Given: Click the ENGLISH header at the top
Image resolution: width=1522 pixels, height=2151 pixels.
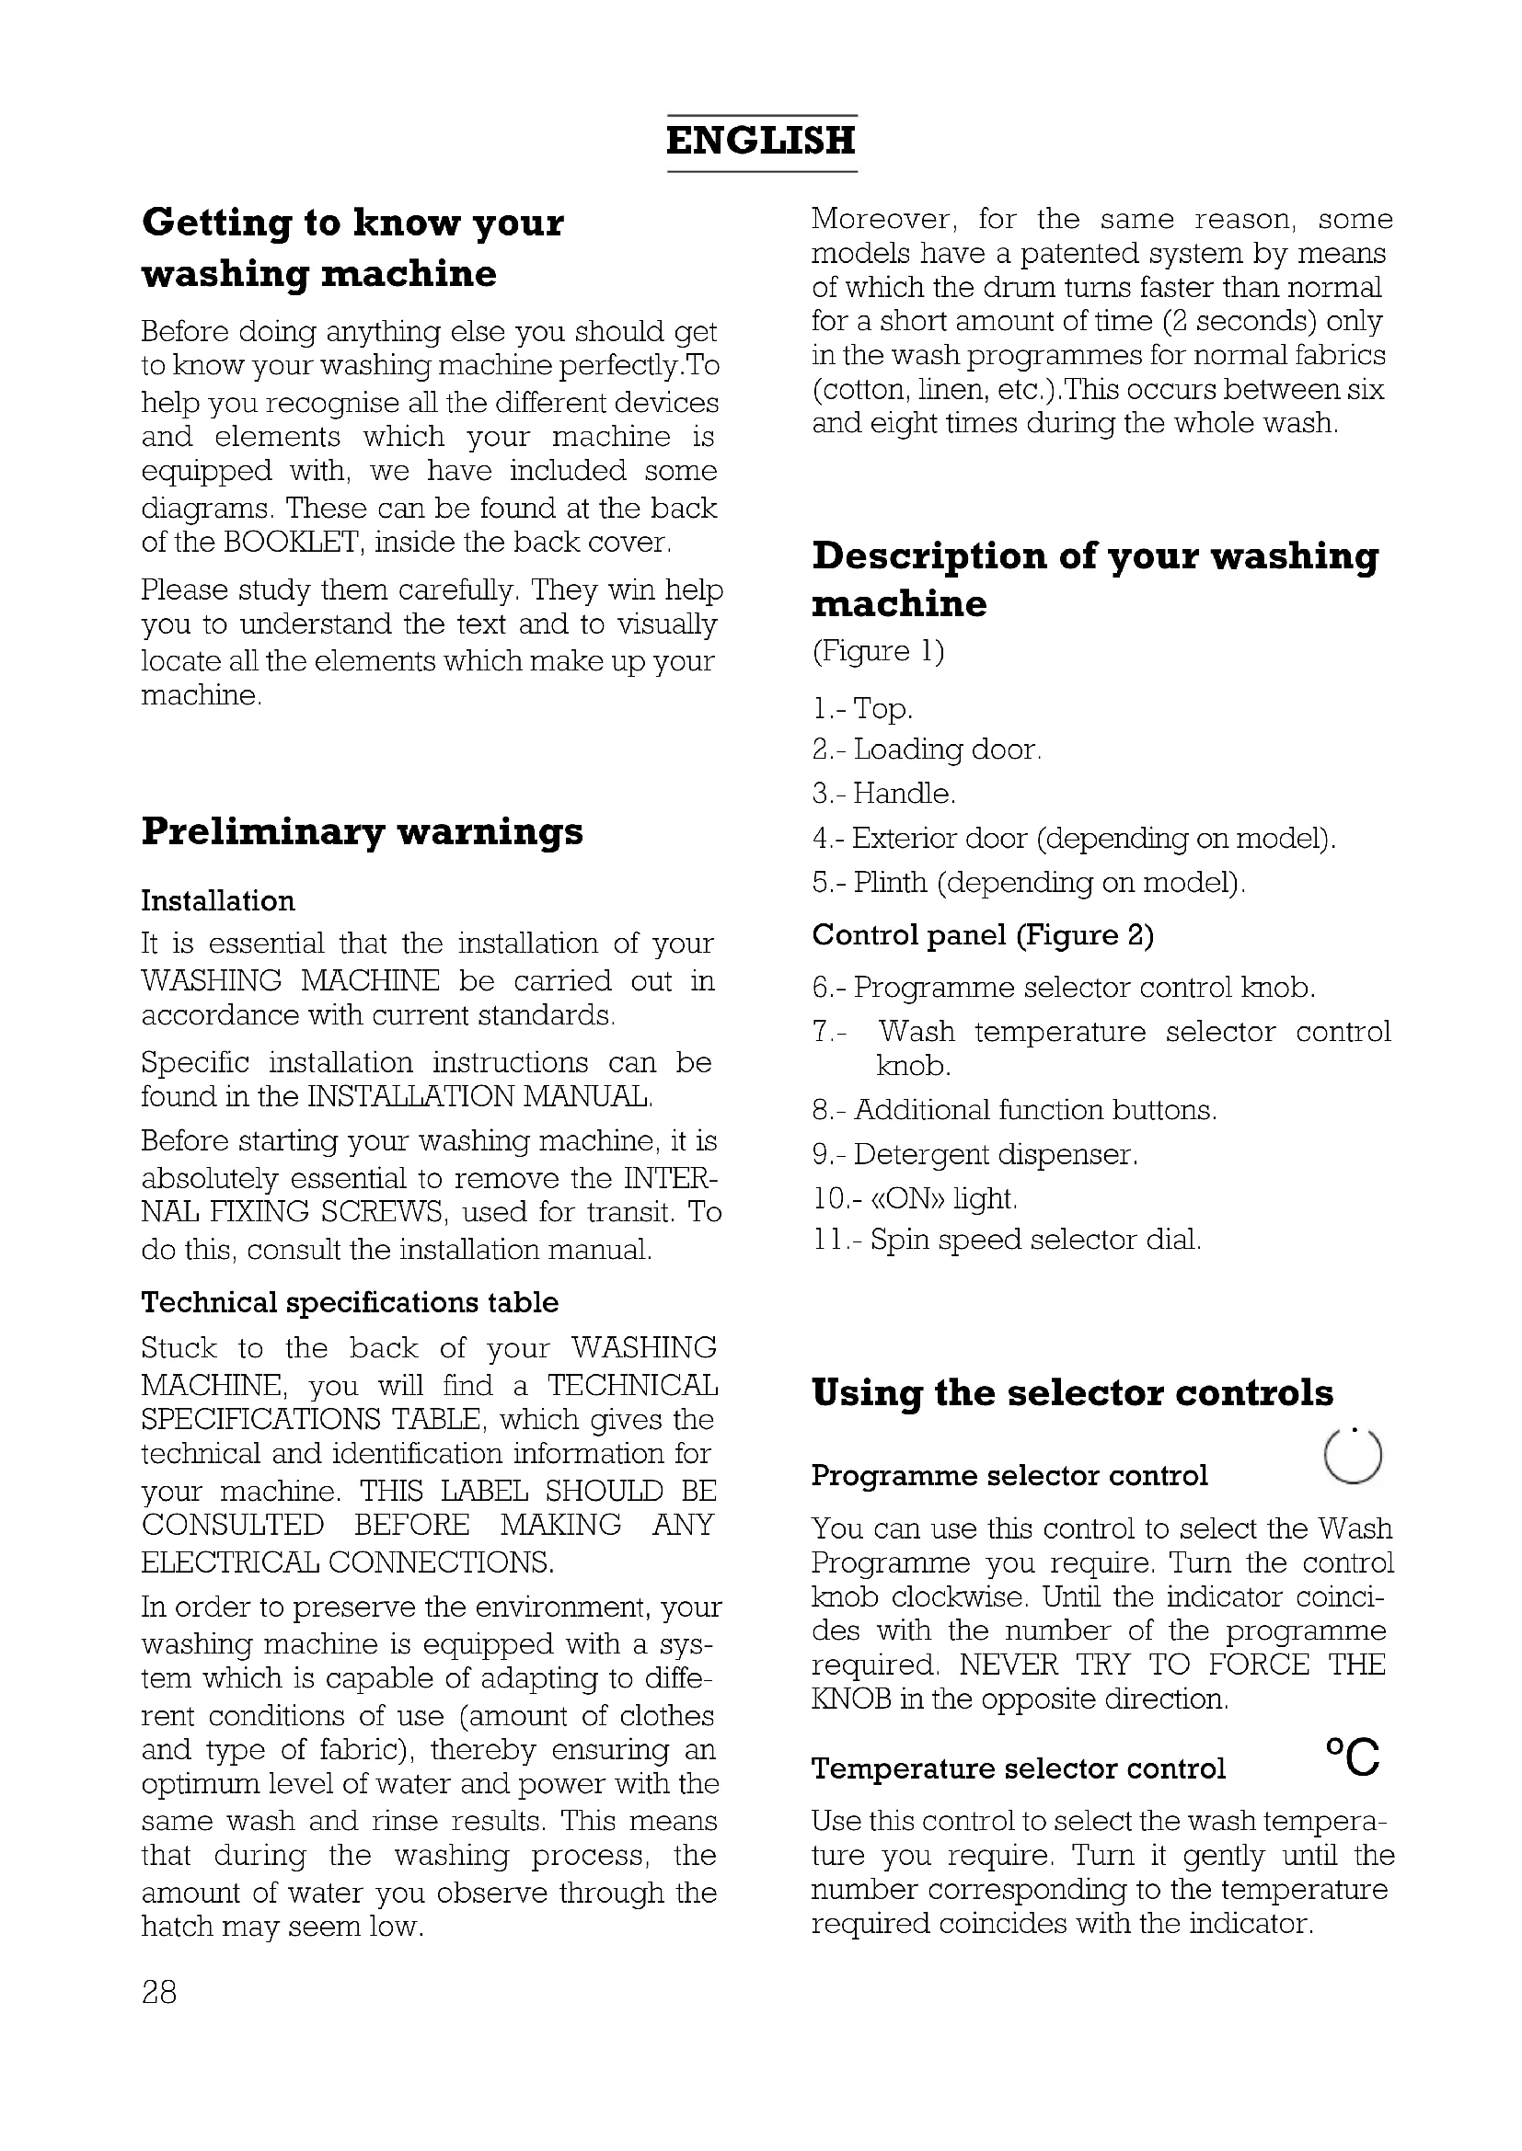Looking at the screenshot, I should [760, 142].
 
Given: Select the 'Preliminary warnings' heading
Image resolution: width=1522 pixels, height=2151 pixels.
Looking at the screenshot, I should [362, 832].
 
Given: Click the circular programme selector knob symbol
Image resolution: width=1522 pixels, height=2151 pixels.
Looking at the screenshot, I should [1354, 1458].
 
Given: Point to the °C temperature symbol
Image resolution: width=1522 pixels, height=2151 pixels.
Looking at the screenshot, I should [1353, 1756].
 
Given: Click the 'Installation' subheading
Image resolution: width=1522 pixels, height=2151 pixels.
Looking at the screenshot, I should [217, 901].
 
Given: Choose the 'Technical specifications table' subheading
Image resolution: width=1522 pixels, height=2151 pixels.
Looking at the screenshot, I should [350, 1302].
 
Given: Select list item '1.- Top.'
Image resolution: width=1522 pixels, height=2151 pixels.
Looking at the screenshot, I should [862, 709].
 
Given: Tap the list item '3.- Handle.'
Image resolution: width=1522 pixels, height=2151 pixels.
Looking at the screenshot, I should [883, 795].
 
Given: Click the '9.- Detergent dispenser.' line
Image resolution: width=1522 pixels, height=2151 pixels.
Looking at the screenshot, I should [974, 1155].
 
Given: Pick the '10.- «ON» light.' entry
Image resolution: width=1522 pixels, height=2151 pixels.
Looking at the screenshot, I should [914, 1198].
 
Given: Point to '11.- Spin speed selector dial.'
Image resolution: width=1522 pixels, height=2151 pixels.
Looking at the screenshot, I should [1006, 1241].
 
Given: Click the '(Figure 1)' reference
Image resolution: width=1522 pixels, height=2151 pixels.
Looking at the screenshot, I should [878, 651].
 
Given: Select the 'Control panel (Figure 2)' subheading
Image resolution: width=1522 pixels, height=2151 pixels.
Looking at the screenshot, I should [982, 935].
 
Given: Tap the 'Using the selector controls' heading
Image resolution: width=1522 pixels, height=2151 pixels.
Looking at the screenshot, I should [1072, 1393].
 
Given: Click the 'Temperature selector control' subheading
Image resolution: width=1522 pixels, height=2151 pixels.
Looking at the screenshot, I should [1018, 1768].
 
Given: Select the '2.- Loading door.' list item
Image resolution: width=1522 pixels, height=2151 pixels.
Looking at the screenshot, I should [926, 750].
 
